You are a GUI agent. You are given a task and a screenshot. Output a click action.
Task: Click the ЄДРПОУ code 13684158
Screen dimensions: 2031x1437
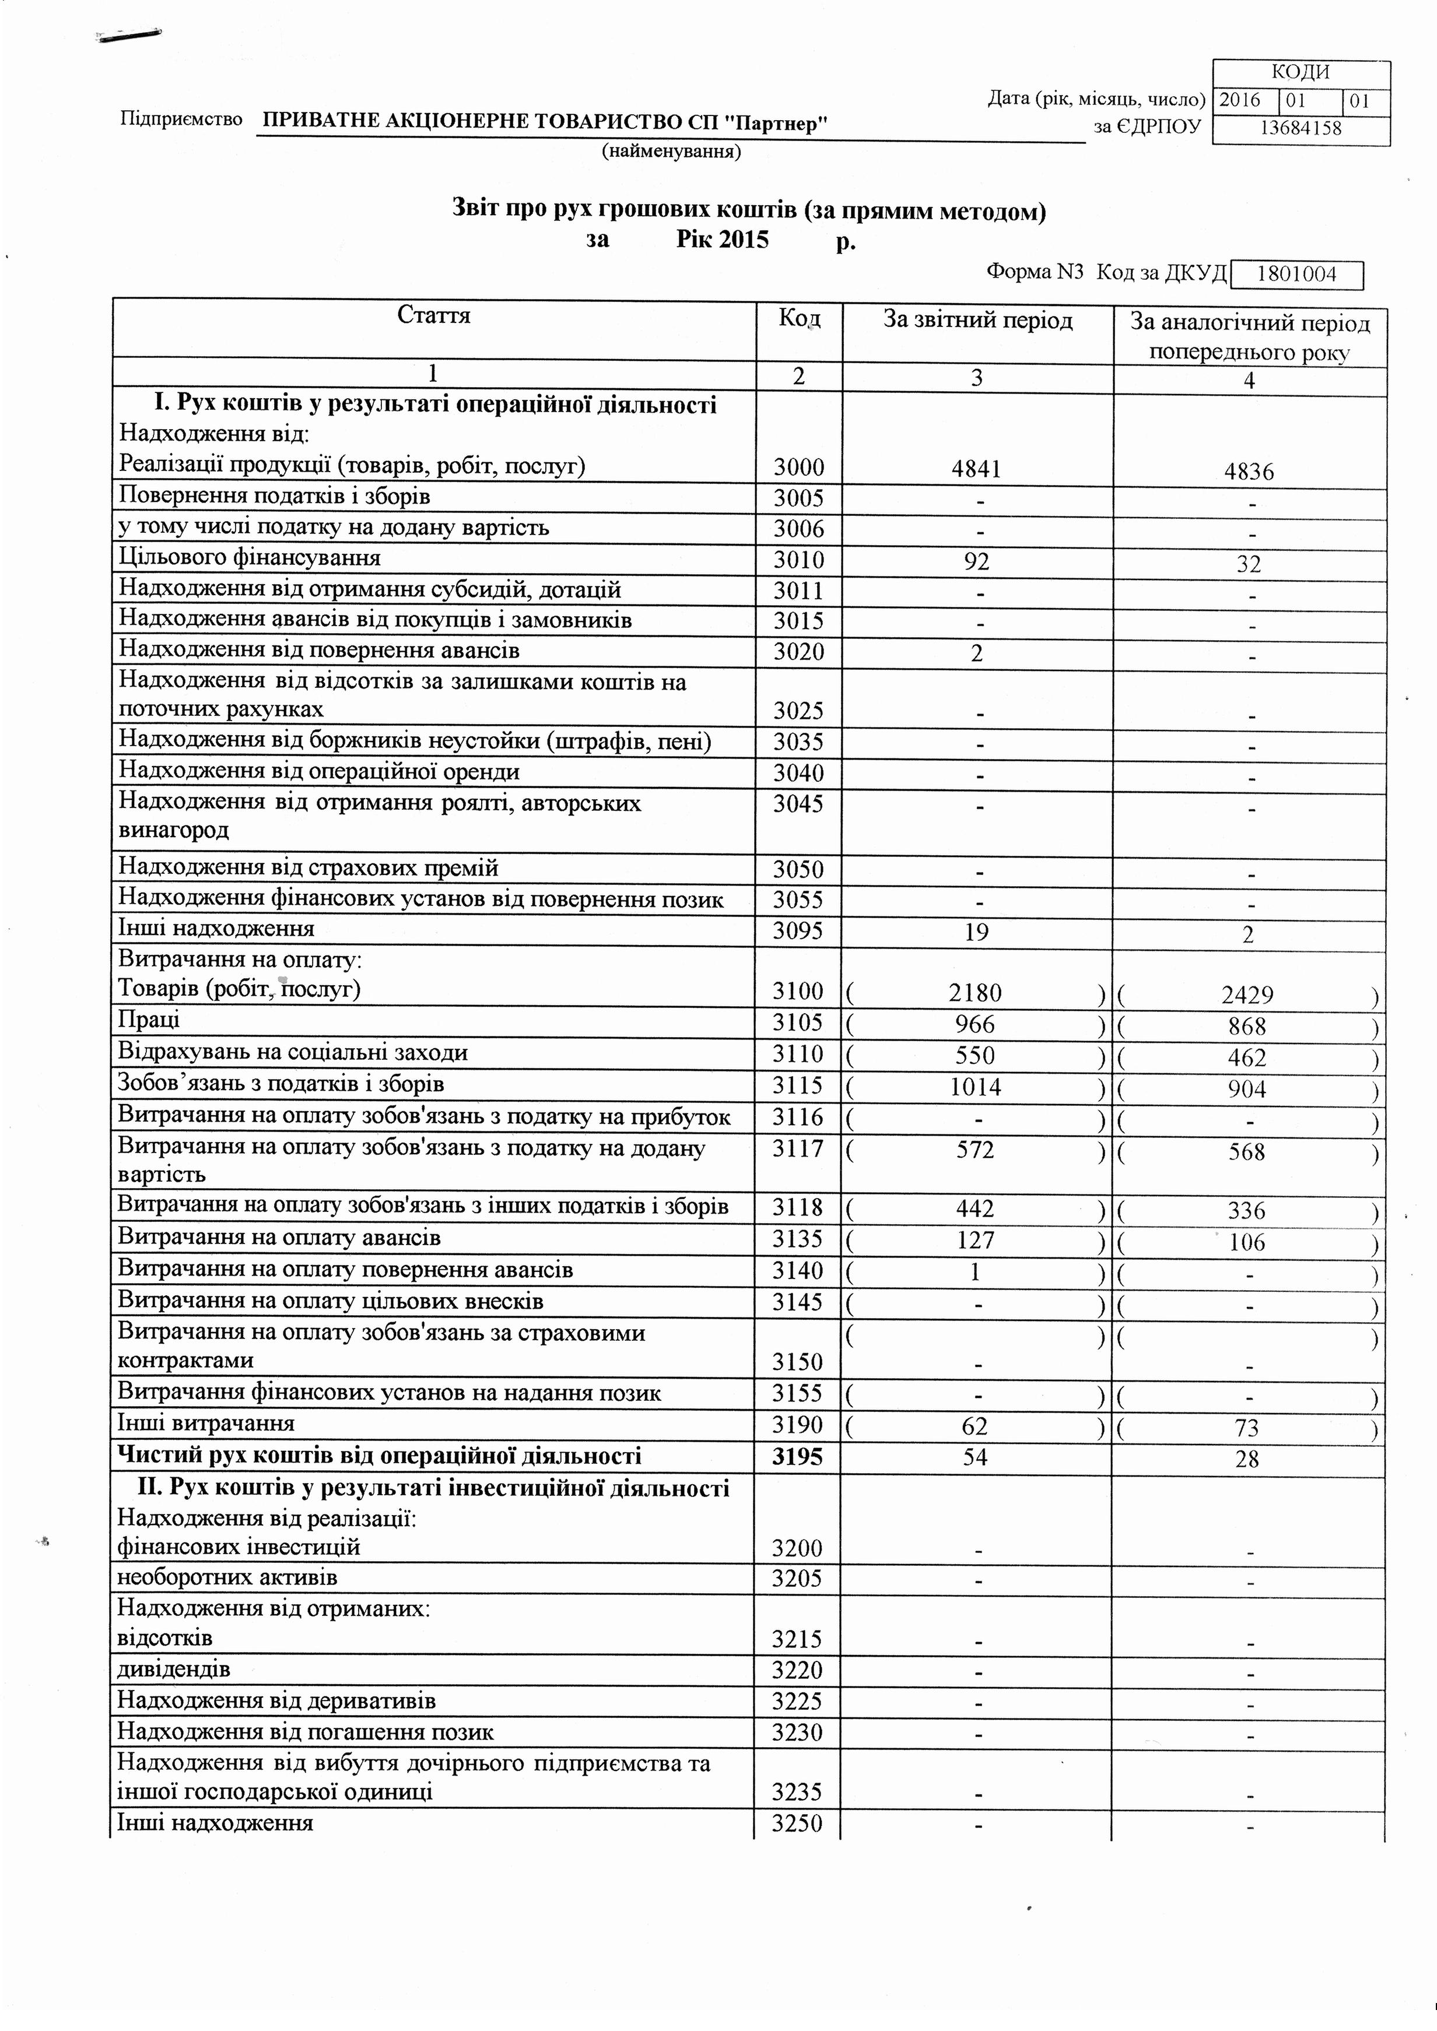tap(1300, 128)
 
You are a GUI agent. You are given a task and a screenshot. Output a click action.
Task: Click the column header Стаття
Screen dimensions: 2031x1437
tap(433, 316)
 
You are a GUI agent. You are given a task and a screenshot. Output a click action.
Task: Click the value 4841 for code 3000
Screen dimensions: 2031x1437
tap(976, 468)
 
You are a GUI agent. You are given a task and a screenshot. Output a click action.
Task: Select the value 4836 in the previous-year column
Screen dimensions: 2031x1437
tap(1249, 472)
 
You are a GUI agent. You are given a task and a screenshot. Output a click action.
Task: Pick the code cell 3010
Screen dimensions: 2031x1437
tap(798, 560)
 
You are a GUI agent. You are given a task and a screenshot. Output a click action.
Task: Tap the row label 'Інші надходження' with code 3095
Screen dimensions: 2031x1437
tap(217, 929)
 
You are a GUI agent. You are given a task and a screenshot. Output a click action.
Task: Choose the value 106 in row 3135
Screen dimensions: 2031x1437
tap(1247, 1243)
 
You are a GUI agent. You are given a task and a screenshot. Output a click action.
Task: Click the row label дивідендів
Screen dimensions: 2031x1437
tap(174, 1669)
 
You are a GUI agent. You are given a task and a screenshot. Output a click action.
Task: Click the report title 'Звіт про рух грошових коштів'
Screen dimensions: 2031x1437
tap(626, 212)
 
